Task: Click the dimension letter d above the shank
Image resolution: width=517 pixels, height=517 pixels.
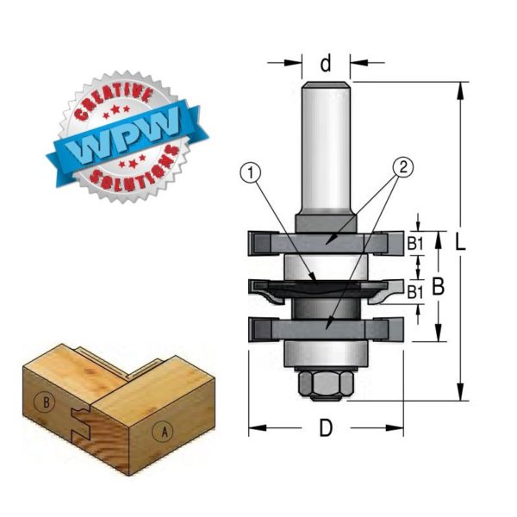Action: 326,64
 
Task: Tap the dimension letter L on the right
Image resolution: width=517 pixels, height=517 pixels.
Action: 460,243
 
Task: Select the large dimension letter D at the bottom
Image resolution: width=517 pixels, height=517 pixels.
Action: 326,427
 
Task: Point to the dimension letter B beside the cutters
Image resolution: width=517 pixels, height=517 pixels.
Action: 438,287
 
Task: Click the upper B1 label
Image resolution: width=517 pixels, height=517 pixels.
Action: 415,244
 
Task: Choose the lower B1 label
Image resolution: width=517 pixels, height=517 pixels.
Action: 415,292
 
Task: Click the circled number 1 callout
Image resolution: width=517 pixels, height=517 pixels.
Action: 252,173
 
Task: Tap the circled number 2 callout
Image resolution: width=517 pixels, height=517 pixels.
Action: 403,167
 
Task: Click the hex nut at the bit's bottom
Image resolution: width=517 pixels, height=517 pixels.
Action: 326,383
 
